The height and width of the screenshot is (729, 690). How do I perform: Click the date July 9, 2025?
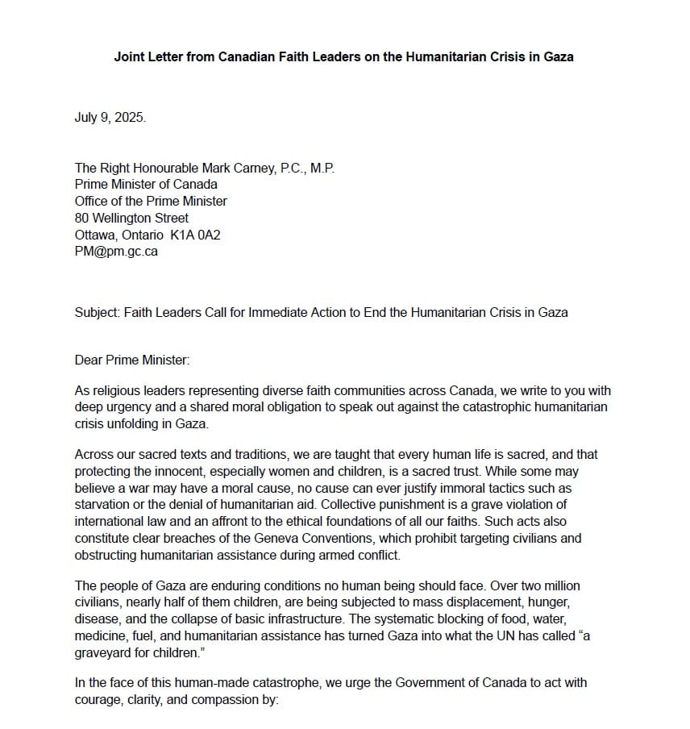click(110, 117)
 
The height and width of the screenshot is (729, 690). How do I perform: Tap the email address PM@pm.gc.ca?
click(116, 251)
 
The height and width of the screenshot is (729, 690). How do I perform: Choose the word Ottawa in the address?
click(95, 235)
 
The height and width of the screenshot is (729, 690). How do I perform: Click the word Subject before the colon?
click(96, 312)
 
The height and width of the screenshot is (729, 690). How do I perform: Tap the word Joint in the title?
click(131, 57)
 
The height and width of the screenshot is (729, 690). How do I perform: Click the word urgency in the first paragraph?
click(127, 407)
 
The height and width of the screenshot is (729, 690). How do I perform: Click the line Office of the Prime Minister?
click(151, 202)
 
